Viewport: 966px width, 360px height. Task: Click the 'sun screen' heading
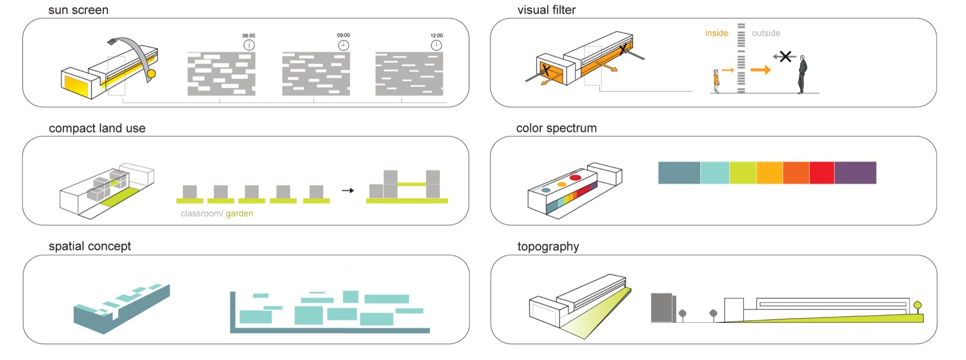[78, 10]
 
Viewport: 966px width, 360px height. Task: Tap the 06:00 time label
[249, 36]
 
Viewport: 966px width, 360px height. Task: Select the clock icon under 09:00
[343, 45]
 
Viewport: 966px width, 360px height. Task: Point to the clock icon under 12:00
[436, 45]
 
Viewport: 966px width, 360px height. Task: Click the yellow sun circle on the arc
[151, 74]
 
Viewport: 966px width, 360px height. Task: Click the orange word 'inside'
[716, 33]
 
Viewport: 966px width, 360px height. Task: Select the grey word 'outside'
[766, 33]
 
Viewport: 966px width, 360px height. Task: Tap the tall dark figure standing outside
[802, 74]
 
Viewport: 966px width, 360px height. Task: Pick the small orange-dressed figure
[716, 81]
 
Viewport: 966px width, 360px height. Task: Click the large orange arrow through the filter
[761, 70]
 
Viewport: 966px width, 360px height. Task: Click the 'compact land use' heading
[97, 128]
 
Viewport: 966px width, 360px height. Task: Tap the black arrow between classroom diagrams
[348, 190]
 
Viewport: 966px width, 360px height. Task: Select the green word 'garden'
[239, 214]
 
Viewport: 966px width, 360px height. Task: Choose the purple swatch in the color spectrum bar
[855, 173]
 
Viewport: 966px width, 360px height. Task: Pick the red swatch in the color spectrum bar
[822, 173]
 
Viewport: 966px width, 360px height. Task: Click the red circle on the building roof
[575, 178]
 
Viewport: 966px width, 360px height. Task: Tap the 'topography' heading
[548, 246]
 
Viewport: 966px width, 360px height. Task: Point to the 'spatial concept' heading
[90, 246]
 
